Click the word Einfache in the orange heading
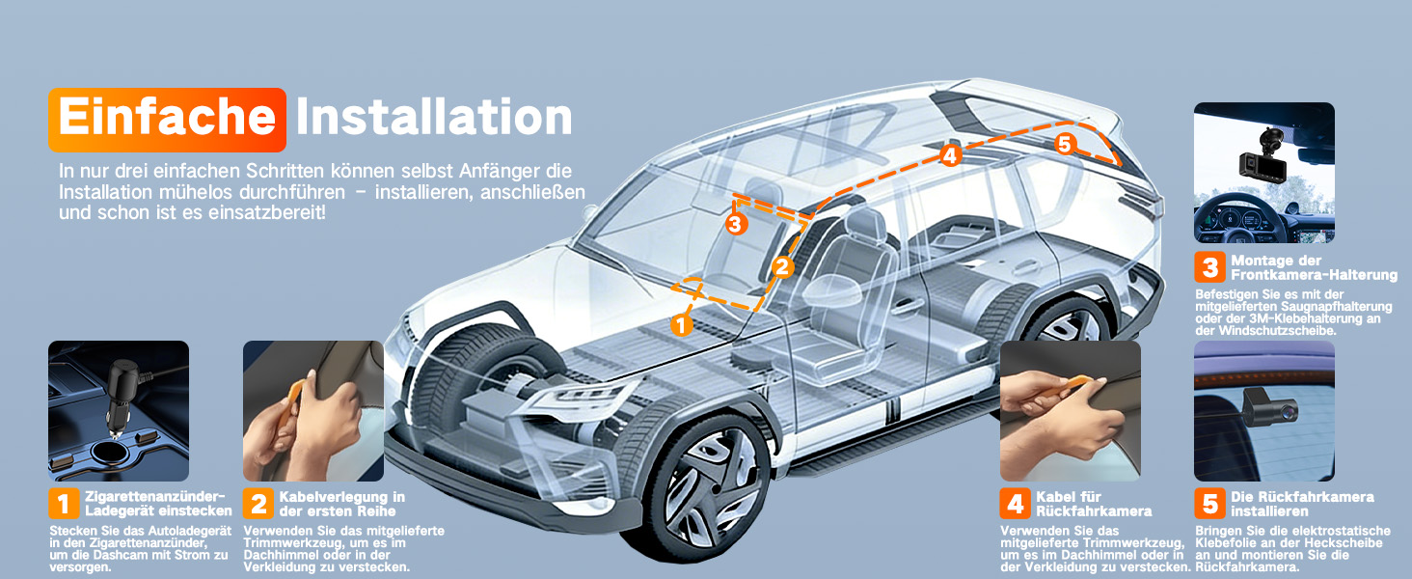pyautogui.click(x=167, y=117)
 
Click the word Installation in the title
pyautogui.click(x=434, y=117)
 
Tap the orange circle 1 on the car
pyautogui.click(x=681, y=325)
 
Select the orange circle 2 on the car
pyautogui.click(x=782, y=266)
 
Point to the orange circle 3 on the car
pyautogui.click(x=736, y=223)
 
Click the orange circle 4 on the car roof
pyautogui.click(x=950, y=155)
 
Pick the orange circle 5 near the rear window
pyautogui.click(x=1065, y=145)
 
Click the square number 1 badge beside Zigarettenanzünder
pyautogui.click(x=64, y=504)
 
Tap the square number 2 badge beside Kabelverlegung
pyautogui.click(x=258, y=504)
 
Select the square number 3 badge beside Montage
pyautogui.click(x=1209, y=267)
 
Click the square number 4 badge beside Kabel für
pyautogui.click(x=1015, y=504)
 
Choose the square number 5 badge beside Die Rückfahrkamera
pyautogui.click(x=1209, y=504)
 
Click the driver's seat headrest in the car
pyautogui.click(x=867, y=225)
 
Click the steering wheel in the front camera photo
pyautogui.click(x=1235, y=222)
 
